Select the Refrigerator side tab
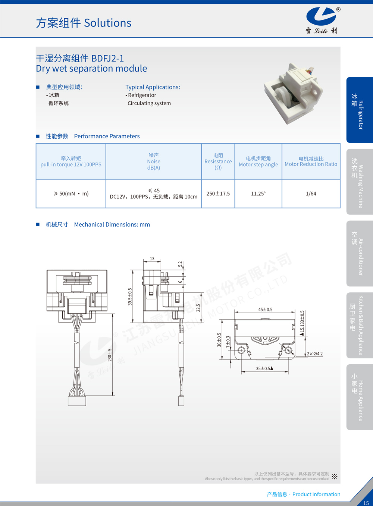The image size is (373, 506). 360,110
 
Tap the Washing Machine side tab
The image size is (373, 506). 360,182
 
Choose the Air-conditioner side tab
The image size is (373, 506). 360,254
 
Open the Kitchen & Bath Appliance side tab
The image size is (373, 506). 360,325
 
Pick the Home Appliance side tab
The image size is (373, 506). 360,397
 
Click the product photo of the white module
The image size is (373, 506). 293,94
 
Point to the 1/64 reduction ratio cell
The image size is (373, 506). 311,194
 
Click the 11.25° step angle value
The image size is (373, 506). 258,194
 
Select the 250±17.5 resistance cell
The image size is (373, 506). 218,194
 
